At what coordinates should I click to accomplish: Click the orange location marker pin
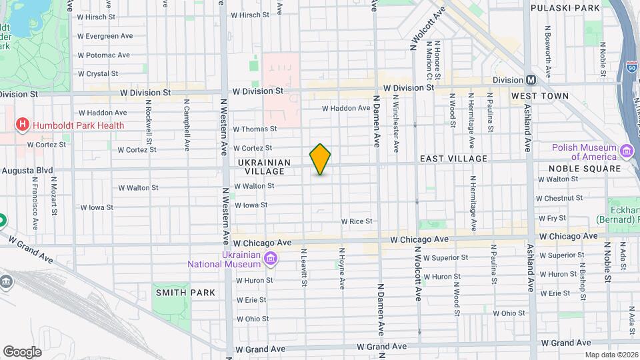(x=320, y=159)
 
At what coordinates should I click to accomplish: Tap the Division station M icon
(x=531, y=80)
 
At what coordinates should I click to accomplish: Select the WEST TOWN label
(x=540, y=96)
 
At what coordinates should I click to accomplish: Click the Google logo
(x=21, y=352)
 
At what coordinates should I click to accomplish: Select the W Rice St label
(x=356, y=221)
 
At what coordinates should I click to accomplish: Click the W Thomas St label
(x=255, y=129)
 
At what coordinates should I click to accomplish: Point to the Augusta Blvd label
(x=27, y=171)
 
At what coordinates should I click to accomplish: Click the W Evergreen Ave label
(x=105, y=36)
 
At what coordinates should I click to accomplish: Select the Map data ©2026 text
(x=611, y=355)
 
